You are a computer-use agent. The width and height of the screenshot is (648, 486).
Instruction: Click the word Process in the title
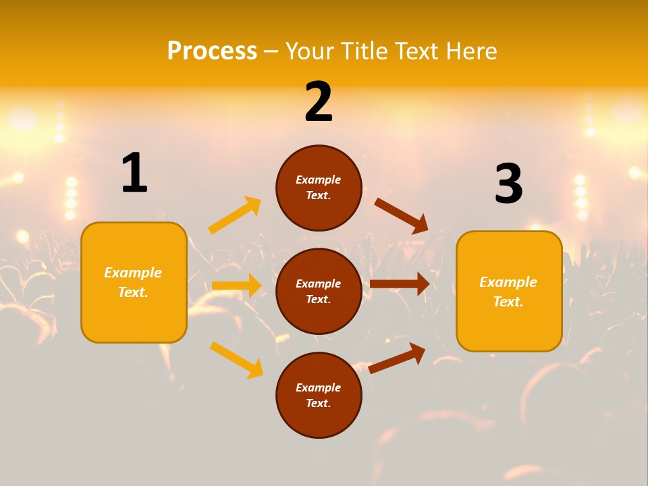click(x=212, y=51)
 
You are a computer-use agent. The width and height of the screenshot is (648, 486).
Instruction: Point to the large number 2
click(x=319, y=102)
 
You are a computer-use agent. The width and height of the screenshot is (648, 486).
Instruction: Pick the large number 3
click(x=509, y=184)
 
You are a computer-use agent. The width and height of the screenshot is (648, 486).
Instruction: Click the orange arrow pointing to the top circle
click(x=235, y=215)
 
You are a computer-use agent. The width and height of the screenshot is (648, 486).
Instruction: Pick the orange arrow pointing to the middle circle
click(x=236, y=286)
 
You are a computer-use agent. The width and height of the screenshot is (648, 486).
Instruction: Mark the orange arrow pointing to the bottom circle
click(x=236, y=359)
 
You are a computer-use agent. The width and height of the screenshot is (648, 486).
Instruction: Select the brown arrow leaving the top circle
click(x=401, y=215)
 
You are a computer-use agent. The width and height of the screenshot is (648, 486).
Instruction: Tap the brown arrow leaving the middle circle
click(x=400, y=284)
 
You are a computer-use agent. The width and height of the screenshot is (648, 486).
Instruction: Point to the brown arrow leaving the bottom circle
click(x=397, y=358)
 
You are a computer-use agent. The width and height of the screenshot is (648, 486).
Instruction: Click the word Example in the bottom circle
click(x=319, y=387)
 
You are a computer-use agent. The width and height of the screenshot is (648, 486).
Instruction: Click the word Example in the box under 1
click(x=133, y=273)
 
